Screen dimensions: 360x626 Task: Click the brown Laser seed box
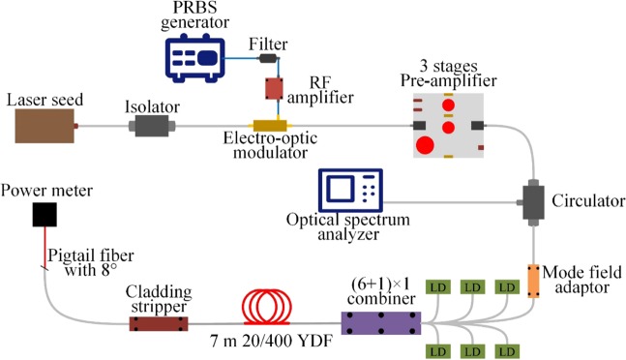click(x=45, y=126)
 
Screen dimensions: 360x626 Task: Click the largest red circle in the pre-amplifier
click(x=424, y=146)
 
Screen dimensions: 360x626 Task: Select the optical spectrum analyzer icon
click(x=350, y=189)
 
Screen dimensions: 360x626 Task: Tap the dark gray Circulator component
click(x=532, y=201)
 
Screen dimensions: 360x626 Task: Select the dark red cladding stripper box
click(x=160, y=320)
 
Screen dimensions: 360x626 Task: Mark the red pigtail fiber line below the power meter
click(x=41, y=248)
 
